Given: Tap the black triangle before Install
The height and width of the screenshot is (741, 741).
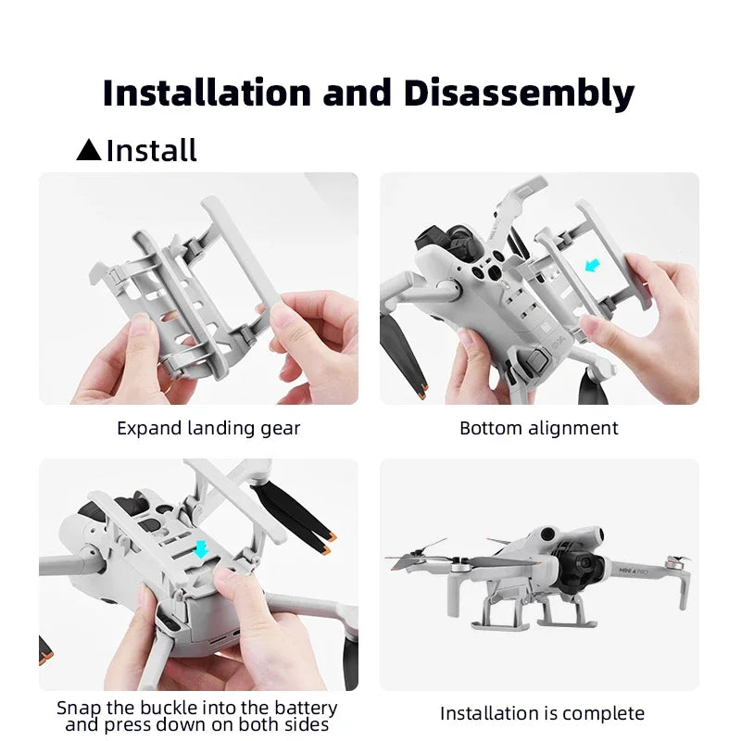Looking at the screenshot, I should pos(89,150).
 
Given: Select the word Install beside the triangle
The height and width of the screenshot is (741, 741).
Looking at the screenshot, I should pos(152,150).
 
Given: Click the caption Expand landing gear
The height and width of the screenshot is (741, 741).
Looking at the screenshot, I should pos(208,428).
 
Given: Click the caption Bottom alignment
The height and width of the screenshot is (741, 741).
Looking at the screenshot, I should pos(539,428).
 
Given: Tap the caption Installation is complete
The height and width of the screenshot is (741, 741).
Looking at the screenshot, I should pos(542,713).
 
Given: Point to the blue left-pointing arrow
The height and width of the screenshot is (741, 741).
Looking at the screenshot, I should pos(593,266).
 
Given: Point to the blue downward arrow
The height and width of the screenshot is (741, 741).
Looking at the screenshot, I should pos(201,549).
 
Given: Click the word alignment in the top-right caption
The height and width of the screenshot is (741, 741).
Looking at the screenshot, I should pos(574,428).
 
